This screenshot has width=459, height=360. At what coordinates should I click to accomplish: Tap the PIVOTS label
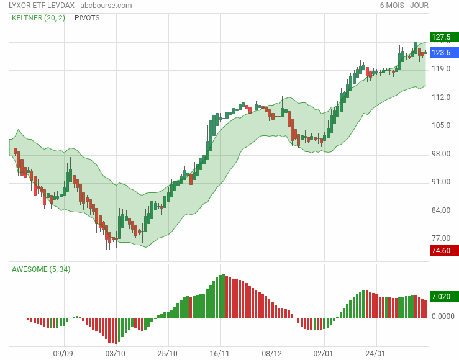pos(87,18)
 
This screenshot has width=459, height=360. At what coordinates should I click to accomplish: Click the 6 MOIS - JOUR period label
pos(404,6)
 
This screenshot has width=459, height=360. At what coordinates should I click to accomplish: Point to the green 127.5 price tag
pos(443,37)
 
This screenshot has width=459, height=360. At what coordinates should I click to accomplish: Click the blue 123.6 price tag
pos(443,53)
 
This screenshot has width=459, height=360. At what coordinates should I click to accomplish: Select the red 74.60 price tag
pos(443,250)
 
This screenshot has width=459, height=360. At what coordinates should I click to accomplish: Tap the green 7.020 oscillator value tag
pos(443,297)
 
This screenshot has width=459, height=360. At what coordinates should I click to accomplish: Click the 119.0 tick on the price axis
pos(440,69)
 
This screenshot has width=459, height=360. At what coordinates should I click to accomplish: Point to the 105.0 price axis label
pos(440,125)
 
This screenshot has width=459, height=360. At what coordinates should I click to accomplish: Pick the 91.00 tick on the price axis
pos(440,182)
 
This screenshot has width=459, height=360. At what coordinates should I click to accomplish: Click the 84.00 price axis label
pos(440,210)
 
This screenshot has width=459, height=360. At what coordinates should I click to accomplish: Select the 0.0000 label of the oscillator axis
pos(443,317)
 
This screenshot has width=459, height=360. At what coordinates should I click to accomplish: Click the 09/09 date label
pos(63,353)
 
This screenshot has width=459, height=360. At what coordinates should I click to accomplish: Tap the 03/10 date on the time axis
pos(116,353)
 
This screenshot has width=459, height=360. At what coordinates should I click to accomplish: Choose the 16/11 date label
pos(220,353)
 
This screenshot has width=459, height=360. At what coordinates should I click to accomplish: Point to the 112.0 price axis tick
pos(440,97)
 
